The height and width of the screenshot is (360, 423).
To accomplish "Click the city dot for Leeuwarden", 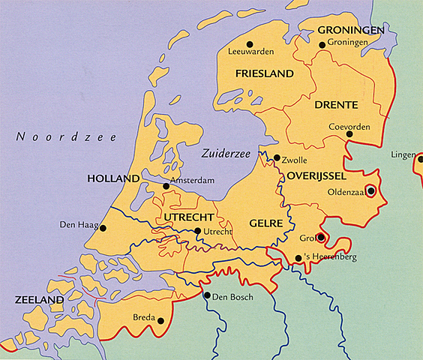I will point(250,43).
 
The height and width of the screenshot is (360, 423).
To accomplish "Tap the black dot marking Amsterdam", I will point(166,186).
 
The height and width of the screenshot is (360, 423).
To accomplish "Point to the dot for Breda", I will point(160,321).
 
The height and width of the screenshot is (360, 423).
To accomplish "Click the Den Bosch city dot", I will point(207,295).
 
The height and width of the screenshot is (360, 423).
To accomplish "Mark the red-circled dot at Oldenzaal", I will point(370,190).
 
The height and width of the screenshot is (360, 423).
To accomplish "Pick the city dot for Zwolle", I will point(277,158).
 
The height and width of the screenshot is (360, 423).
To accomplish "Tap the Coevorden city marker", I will point(349,134).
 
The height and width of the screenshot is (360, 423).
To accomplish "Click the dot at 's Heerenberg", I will point(298,258).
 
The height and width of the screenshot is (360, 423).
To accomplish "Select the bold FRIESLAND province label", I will point(263,73).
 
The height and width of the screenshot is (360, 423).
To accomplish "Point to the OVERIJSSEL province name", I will point(315,175).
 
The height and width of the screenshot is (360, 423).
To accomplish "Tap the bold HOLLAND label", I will point(113,179).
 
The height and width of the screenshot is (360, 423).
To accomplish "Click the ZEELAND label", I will point(39,300).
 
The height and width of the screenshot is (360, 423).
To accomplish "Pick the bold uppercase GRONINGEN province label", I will point(350,31).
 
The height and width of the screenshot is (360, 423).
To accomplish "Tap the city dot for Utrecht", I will point(197,232).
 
